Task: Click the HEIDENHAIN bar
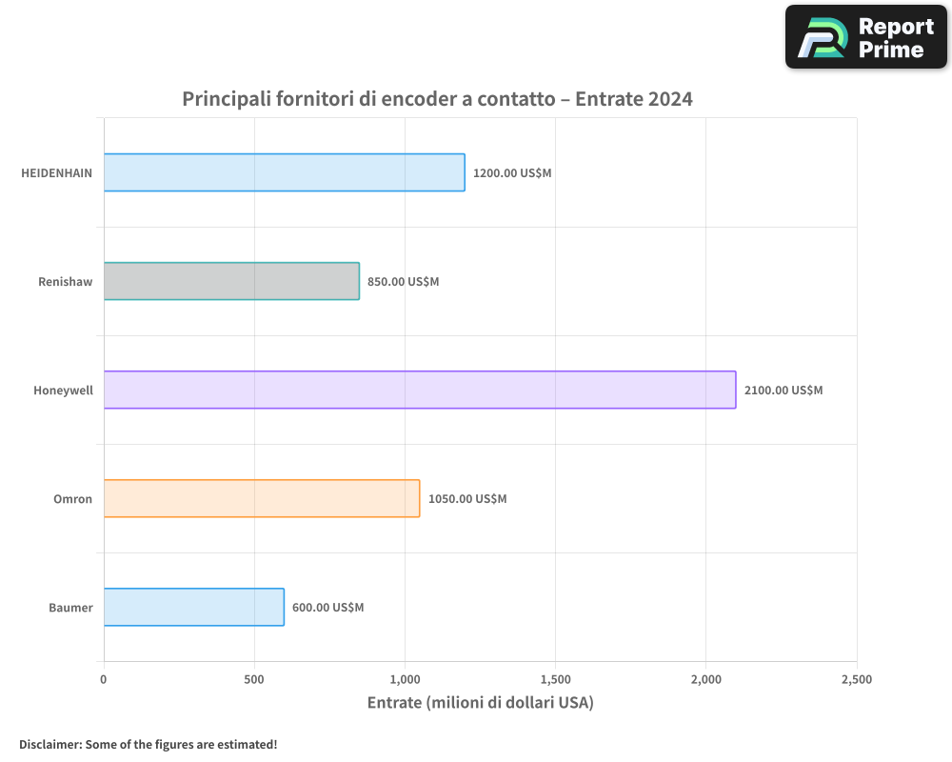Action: [284, 172]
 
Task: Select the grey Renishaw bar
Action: [231, 281]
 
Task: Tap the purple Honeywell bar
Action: [419, 390]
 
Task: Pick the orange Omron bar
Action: [261, 498]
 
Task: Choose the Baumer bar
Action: [193, 607]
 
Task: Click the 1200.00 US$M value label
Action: [511, 173]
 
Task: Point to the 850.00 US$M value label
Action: [403, 282]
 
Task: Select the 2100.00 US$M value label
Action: [783, 391]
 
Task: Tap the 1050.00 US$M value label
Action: [466, 499]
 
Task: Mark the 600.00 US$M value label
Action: [327, 608]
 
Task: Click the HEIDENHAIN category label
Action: [57, 173]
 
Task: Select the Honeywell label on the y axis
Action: [63, 391]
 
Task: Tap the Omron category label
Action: [72, 499]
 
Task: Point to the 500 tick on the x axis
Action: [254, 680]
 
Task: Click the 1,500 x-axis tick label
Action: [555, 680]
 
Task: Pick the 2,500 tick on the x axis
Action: [856, 680]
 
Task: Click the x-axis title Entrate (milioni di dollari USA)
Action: [480, 703]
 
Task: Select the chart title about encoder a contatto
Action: [437, 99]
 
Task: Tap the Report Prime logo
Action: [865, 37]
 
